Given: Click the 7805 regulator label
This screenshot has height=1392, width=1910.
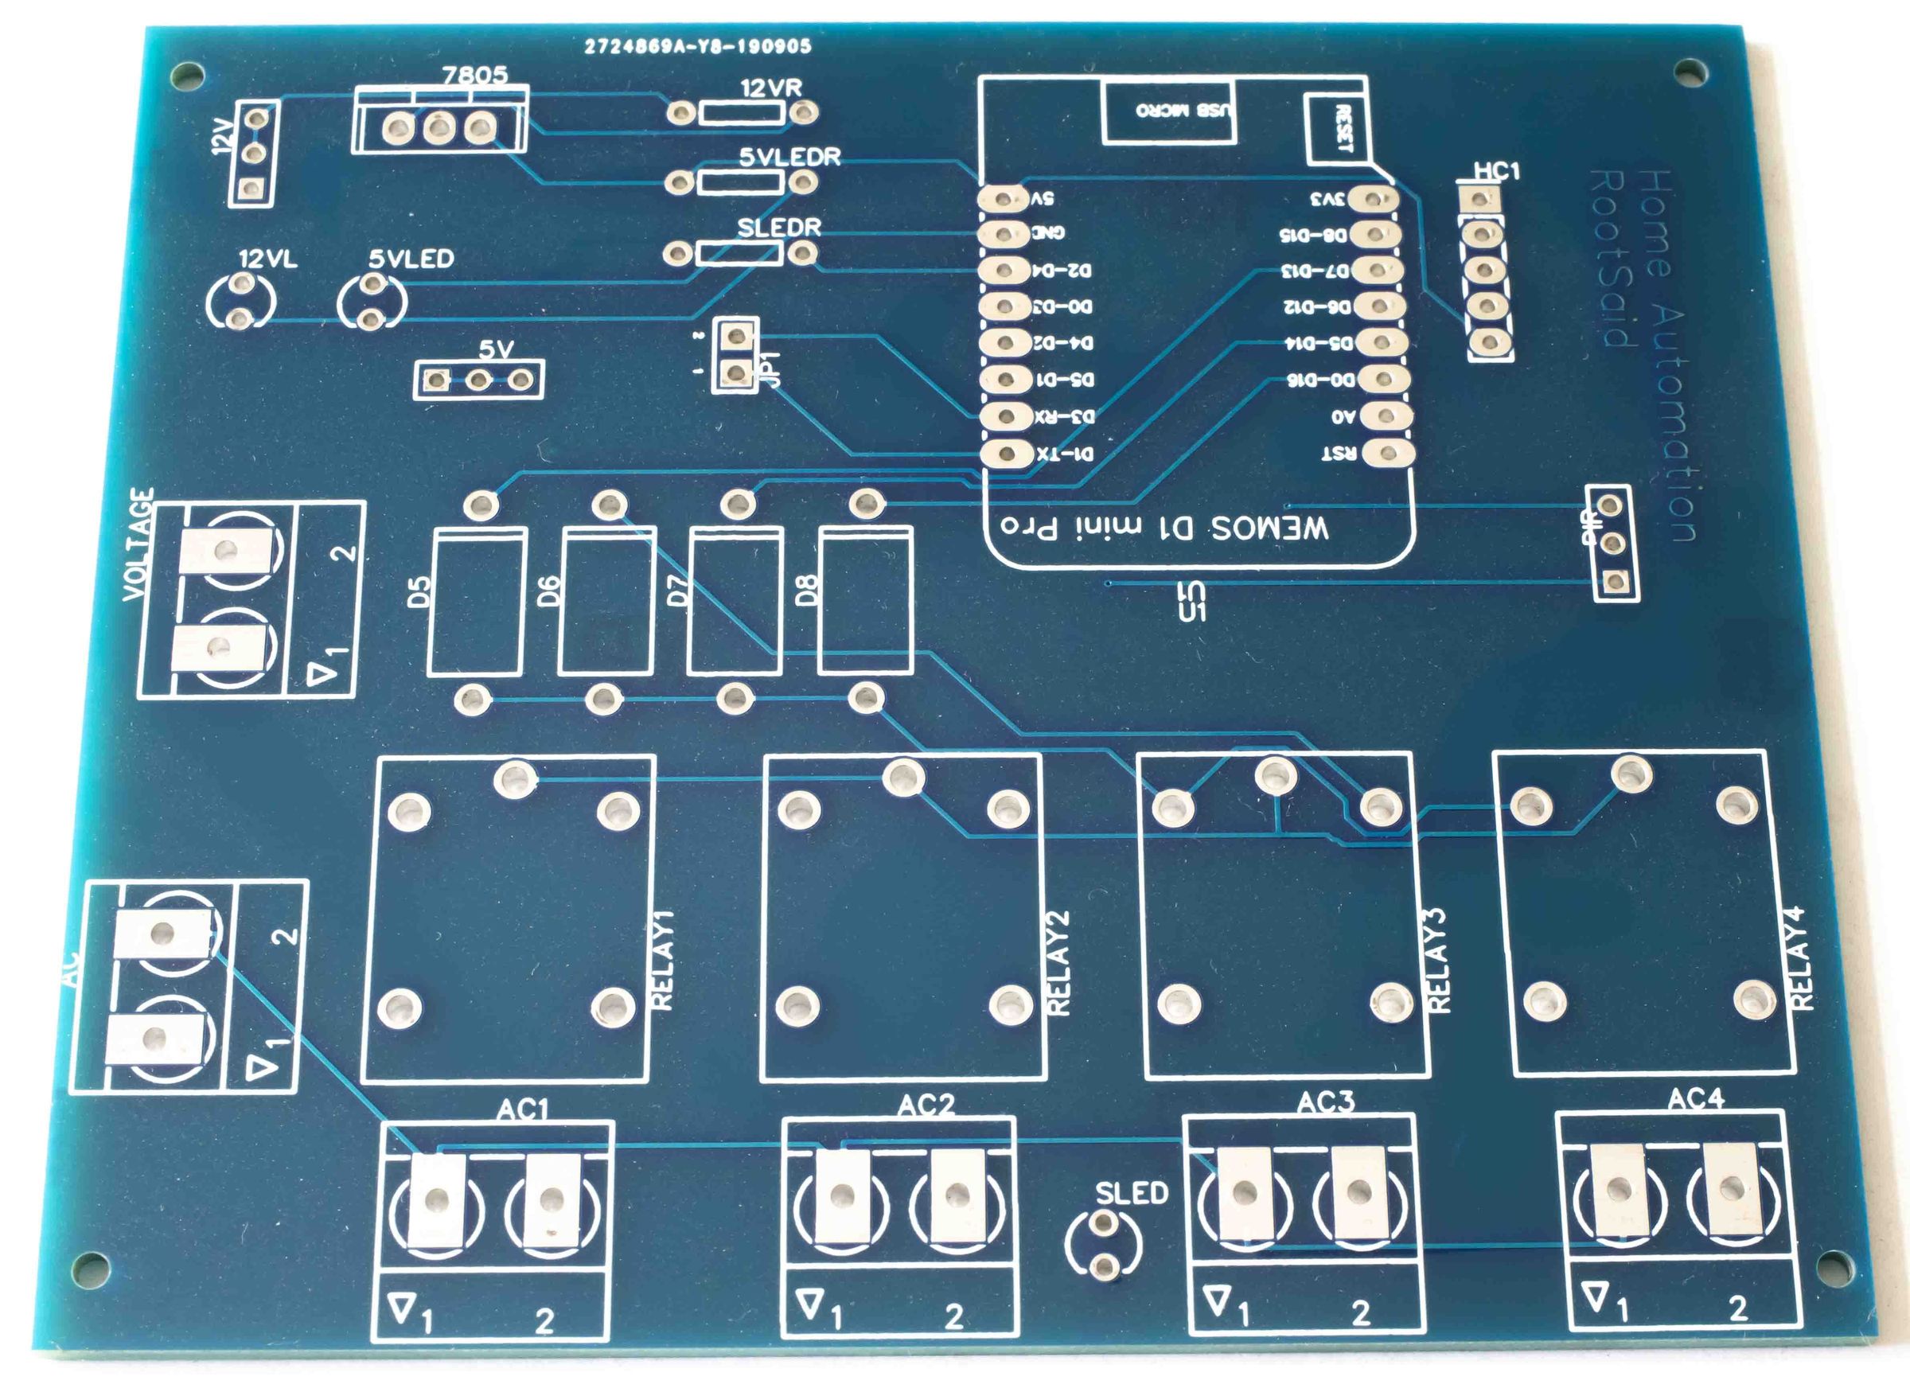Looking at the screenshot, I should click(475, 75).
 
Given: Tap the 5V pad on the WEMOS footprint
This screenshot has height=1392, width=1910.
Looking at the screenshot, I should click(1004, 199).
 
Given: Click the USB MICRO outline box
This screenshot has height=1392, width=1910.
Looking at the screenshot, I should click(1169, 111).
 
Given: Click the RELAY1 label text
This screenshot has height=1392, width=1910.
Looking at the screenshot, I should click(664, 960).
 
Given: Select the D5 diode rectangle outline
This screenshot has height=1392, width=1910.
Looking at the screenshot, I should click(477, 602).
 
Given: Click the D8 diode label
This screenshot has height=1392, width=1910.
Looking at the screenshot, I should click(806, 590).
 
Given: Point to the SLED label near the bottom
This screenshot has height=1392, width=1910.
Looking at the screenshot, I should click(1131, 1193).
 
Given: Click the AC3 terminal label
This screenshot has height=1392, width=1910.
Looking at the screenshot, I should click(1325, 1102).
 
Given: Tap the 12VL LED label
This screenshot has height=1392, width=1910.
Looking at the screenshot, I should click(268, 259).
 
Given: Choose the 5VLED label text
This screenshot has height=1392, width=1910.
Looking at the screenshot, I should click(411, 259).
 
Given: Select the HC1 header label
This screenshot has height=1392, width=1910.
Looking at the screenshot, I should click(1496, 171).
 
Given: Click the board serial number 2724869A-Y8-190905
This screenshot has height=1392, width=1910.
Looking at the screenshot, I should click(698, 46).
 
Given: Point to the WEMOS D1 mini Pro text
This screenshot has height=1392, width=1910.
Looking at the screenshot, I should click(1164, 528).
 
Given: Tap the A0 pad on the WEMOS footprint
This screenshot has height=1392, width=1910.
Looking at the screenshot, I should click(1386, 416).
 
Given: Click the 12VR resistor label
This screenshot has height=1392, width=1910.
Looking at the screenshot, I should click(770, 88).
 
